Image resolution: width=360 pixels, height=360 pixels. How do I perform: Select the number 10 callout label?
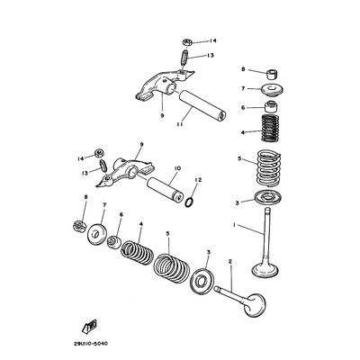177,166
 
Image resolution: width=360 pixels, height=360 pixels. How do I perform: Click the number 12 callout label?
198,180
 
